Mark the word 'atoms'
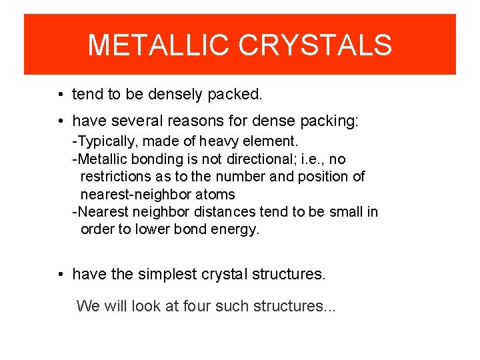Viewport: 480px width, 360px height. [x=215, y=195]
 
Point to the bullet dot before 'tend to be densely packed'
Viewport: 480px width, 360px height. [x=61, y=95]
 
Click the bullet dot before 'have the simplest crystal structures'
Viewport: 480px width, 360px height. [x=61, y=275]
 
